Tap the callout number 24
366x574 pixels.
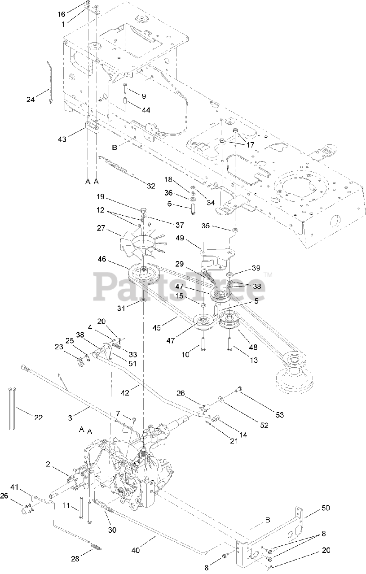31,100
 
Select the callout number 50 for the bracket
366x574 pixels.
326,508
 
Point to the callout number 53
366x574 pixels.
279,415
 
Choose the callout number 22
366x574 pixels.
38,417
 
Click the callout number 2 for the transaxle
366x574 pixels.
48,464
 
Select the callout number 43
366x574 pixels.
62,139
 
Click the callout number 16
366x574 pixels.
62,14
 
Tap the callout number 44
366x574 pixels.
146,110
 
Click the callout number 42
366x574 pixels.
125,392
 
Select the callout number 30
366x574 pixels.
112,530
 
